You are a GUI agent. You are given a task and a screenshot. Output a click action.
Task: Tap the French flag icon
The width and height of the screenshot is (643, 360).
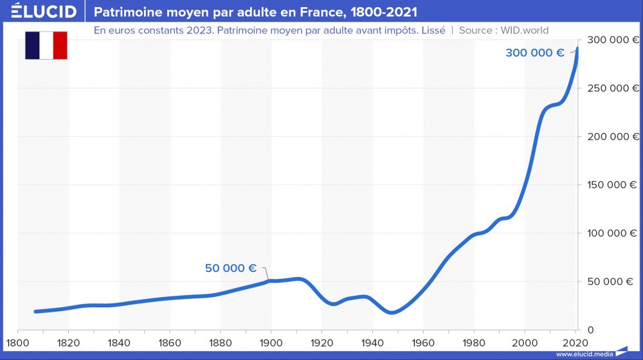click(x=46, y=45)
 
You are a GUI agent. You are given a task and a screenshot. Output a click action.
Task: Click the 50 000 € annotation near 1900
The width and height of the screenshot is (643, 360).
click(x=231, y=268)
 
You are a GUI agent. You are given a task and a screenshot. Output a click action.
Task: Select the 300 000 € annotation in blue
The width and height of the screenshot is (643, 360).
click(x=534, y=53)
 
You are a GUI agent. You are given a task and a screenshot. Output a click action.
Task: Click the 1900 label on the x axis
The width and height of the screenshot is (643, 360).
click(x=271, y=341)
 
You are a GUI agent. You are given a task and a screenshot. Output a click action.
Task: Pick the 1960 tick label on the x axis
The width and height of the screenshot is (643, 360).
click(x=423, y=341)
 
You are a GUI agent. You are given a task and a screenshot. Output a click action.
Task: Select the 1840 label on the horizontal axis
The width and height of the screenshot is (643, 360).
click(x=118, y=341)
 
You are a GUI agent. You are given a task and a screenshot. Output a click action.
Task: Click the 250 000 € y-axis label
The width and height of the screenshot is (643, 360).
click(x=613, y=88)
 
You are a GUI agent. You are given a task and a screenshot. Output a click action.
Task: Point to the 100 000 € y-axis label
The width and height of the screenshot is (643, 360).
click(x=613, y=233)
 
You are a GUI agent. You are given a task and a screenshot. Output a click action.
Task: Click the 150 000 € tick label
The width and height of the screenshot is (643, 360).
click(x=613, y=184)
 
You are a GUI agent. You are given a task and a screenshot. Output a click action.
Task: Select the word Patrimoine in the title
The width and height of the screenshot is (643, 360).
click(x=127, y=12)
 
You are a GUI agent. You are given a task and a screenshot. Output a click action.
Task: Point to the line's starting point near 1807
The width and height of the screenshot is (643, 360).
click(x=35, y=311)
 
